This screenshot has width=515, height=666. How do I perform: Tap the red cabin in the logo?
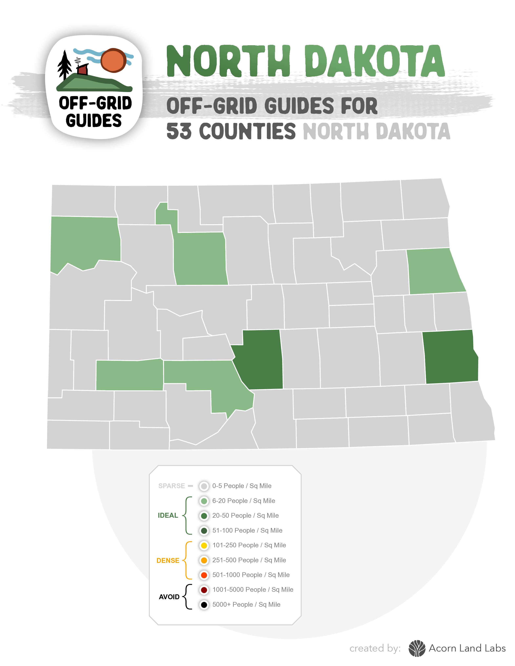coord(82,70)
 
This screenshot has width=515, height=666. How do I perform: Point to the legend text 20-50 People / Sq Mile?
coord(245,515)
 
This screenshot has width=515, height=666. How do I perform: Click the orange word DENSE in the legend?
coord(168,560)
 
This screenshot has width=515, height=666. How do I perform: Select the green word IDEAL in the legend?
coord(168,515)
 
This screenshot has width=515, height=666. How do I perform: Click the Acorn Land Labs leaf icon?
coord(417,648)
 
